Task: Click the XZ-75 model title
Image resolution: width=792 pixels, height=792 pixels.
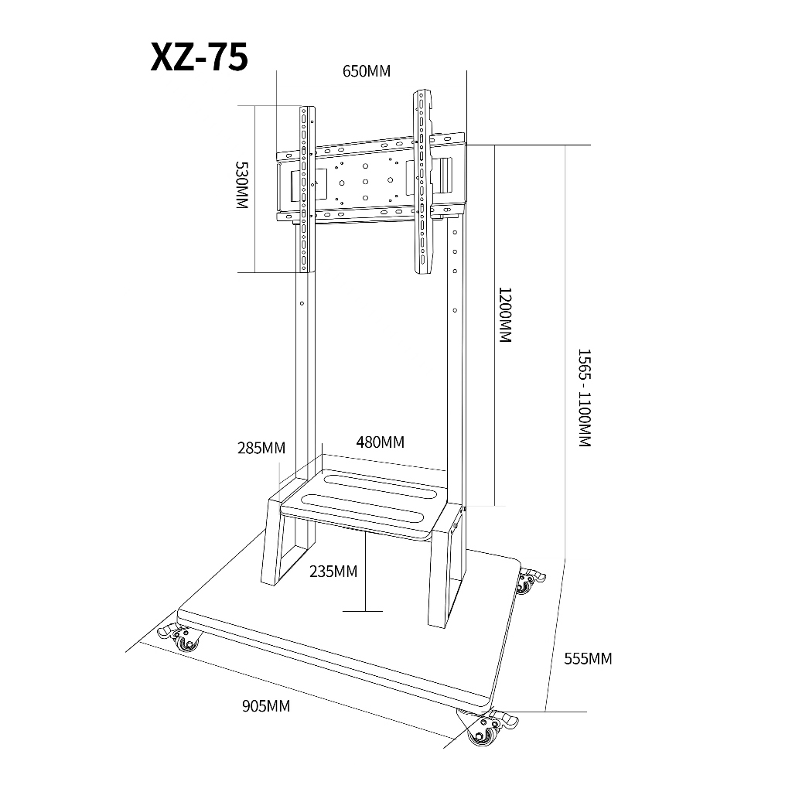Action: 199,57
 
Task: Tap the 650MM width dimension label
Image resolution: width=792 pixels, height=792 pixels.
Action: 367,71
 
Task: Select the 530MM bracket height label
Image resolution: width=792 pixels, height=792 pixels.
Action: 242,185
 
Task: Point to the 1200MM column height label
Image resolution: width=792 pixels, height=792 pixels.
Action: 505,316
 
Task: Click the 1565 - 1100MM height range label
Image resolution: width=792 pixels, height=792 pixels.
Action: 585,398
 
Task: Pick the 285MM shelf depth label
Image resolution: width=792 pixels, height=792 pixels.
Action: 261,448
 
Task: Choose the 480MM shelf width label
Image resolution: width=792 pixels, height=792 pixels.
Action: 381,442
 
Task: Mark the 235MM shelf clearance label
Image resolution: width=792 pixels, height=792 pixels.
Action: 333,572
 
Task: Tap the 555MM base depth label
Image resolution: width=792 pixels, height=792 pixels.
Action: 588,659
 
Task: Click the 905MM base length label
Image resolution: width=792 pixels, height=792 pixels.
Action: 266,705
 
